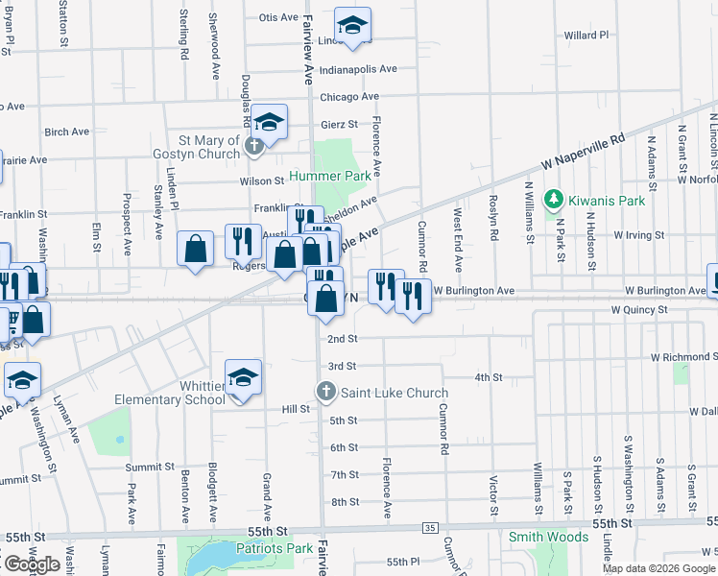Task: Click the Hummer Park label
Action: pos(331,177)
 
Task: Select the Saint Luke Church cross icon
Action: pos(326,392)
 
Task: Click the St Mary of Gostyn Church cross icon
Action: pos(253,147)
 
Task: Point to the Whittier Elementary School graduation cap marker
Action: pos(244,377)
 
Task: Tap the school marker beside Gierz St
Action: pos(270,122)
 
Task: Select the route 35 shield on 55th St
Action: pos(429,528)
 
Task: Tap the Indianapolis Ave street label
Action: pos(358,69)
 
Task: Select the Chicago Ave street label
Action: pos(349,97)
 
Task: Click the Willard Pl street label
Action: pos(586,35)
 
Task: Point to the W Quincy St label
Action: pos(638,310)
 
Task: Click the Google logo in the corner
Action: pos(31,564)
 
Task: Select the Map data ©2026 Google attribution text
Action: pos(658,568)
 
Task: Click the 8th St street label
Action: pos(345,502)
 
